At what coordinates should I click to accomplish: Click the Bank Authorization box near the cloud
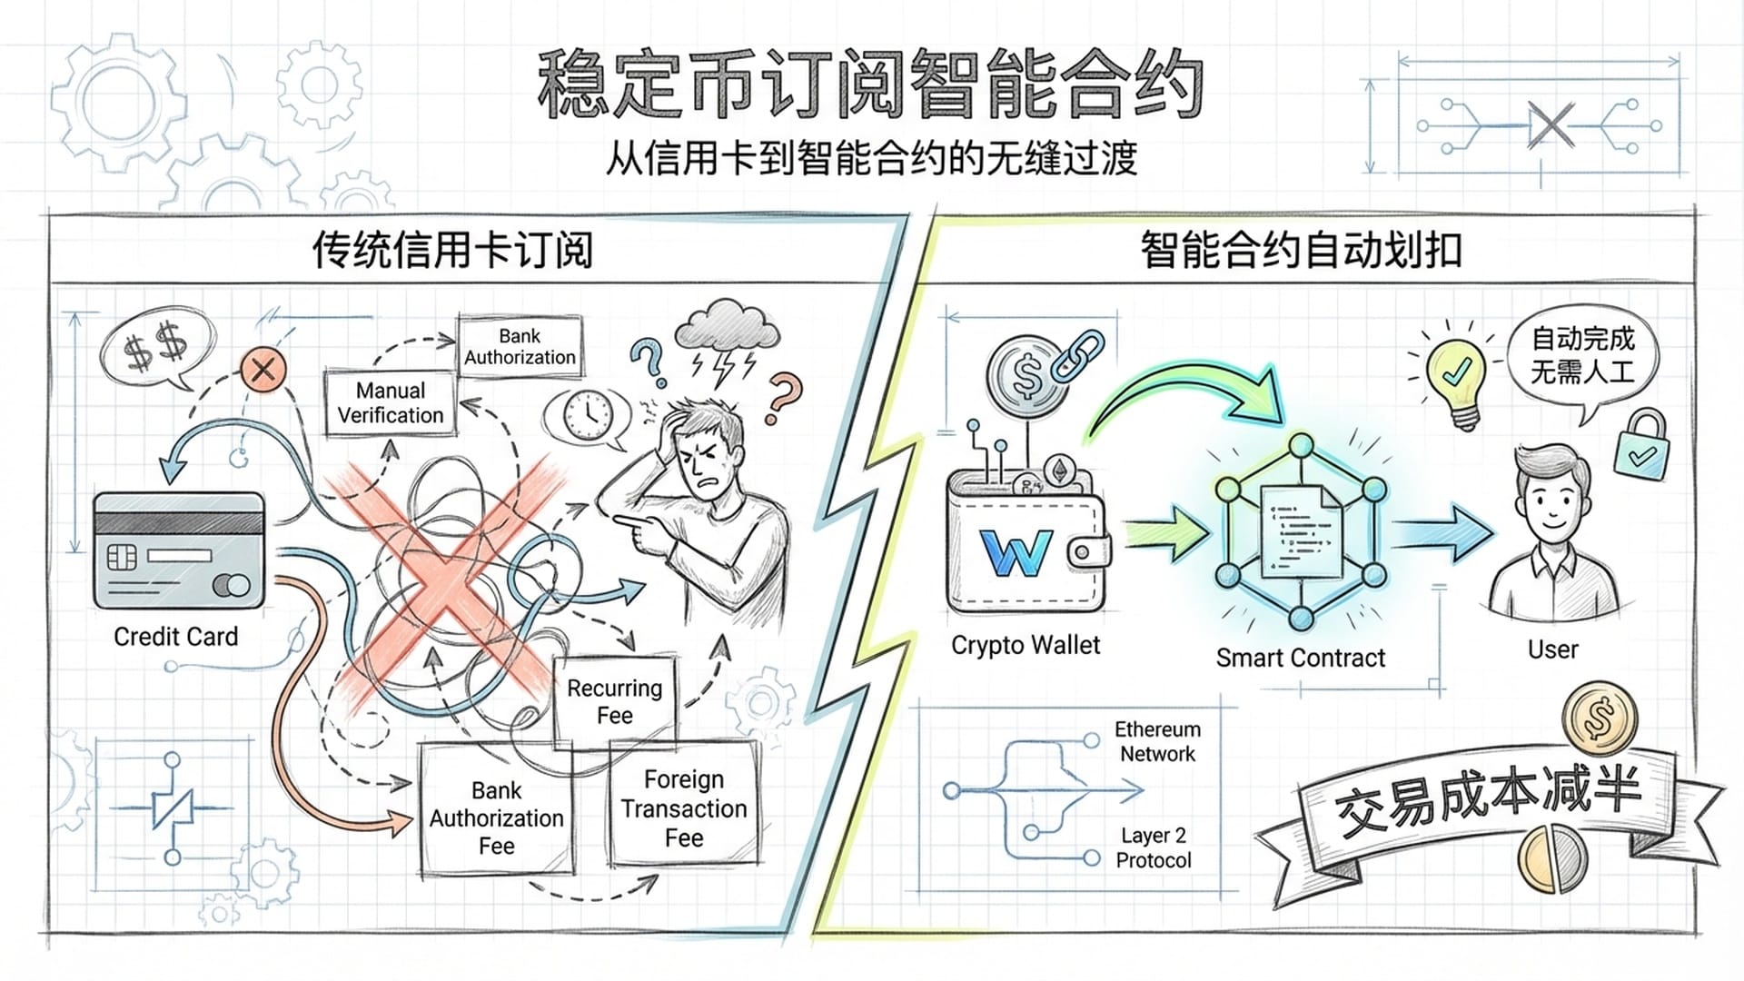click(x=520, y=346)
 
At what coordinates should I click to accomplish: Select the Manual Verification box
click(x=391, y=402)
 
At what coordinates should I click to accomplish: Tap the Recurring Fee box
click(x=614, y=701)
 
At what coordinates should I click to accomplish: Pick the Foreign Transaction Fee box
click(x=684, y=808)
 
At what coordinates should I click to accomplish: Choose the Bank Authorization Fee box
click(x=496, y=817)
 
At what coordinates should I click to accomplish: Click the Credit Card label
click(x=175, y=637)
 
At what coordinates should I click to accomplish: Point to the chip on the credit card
click(x=123, y=556)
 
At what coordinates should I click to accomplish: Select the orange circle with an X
click(x=263, y=370)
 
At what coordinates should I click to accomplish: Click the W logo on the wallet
click(x=1016, y=552)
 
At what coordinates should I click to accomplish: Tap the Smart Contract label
click(x=1300, y=658)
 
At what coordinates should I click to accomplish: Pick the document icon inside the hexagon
click(x=1301, y=531)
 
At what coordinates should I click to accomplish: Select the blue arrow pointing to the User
click(x=1444, y=534)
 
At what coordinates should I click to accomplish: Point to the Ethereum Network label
click(x=1157, y=741)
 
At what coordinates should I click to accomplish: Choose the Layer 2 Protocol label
click(x=1153, y=847)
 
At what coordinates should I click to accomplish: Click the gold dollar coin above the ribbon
click(x=1600, y=718)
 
